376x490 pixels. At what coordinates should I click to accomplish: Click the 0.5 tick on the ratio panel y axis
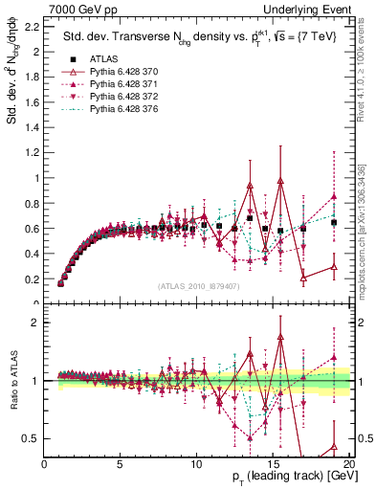point(33,438)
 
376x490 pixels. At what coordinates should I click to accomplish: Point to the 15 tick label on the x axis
point(272,464)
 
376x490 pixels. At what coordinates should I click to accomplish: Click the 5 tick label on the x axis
point(120,464)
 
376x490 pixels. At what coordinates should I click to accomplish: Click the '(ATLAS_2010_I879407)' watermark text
point(198,284)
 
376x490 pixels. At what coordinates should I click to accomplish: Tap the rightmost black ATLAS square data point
point(334,222)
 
